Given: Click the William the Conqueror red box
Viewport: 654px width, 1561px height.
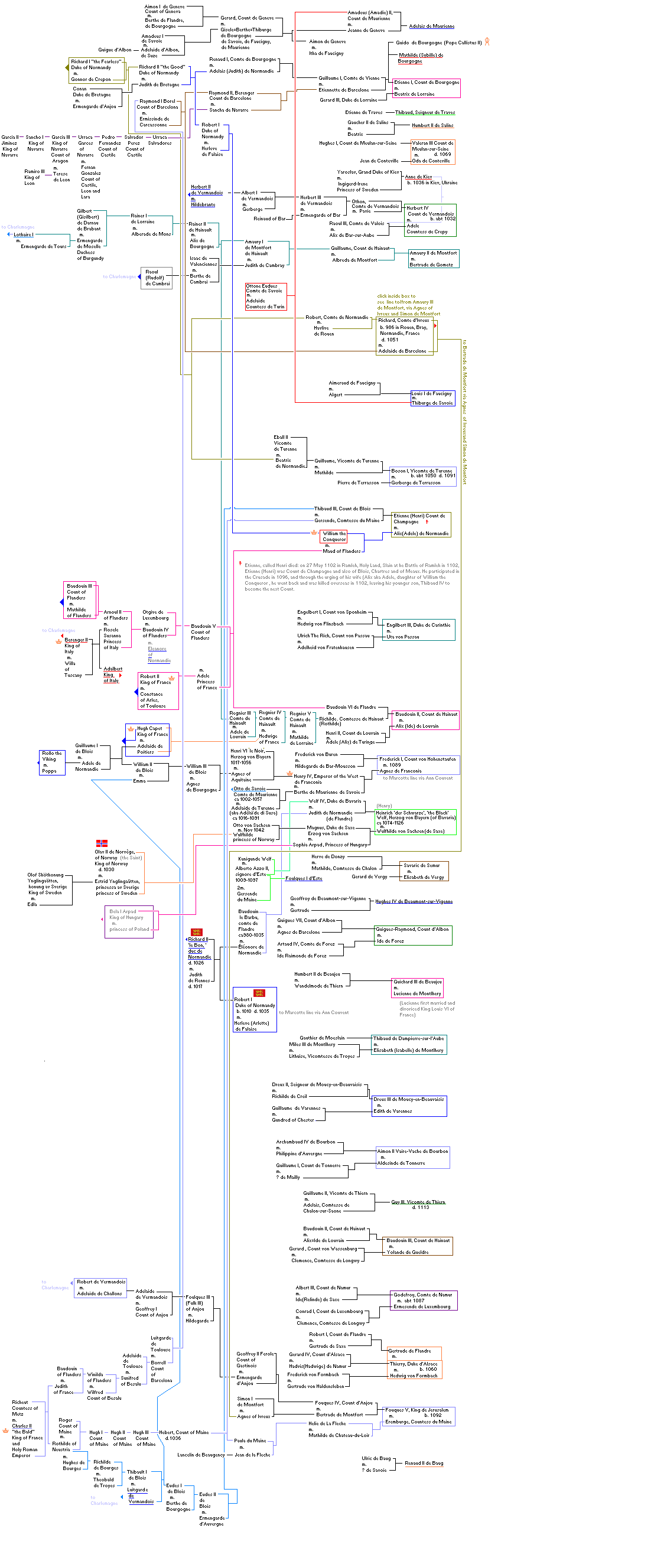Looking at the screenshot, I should coord(334,536).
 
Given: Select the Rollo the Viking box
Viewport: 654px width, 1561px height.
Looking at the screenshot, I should coord(52,762).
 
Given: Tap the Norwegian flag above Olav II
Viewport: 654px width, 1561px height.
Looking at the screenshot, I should coord(102,843).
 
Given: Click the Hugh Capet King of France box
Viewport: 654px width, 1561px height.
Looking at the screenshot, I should coord(147,739).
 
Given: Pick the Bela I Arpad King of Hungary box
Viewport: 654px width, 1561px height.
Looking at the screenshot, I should coord(129,922).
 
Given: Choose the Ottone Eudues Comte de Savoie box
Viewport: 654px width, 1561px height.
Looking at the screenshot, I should coord(265,296).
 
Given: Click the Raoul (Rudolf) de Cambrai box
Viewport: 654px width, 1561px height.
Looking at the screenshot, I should coord(157,278).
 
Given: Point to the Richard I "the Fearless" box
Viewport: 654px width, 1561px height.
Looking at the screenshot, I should coord(96,70).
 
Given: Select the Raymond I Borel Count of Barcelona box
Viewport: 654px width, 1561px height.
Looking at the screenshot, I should coord(158,113).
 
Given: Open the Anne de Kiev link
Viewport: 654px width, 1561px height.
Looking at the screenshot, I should coord(418,177).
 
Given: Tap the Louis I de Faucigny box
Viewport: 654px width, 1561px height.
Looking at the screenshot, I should coord(432,398).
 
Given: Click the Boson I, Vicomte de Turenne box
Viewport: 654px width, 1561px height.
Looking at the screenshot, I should coord(422,476).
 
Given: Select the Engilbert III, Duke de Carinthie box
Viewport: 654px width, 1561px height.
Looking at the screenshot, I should coord(418,630).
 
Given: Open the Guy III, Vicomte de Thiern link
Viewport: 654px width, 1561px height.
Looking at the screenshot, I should coord(418,1202).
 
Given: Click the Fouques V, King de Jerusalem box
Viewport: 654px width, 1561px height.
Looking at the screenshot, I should coord(418,1416).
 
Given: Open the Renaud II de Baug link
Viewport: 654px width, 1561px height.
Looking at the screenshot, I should coord(424,1463).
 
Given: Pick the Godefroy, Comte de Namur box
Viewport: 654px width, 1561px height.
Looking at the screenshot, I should coord(422,1300).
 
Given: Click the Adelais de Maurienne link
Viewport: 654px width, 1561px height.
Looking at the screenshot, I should coord(431,26).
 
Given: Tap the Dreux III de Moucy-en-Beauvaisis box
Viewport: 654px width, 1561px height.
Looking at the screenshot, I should coord(408,1105).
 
